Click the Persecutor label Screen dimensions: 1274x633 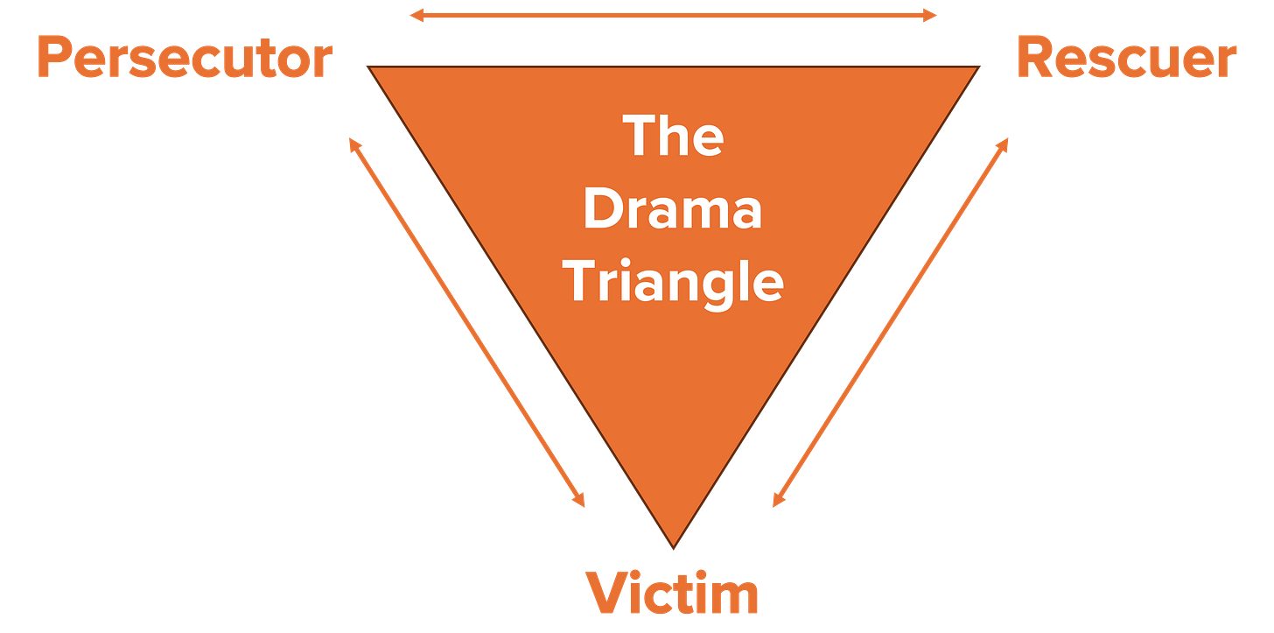pos(184,60)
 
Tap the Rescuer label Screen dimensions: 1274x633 pos(1127,60)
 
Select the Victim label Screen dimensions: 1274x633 pos(673,594)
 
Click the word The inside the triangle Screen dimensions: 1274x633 pos(674,137)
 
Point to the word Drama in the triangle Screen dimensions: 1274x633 pos(673,210)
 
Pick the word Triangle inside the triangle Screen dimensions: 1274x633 pos(673,282)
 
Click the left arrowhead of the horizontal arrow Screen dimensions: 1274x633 pos(413,15)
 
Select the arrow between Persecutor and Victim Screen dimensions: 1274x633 pos(467,321)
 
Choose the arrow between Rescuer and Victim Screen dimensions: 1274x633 pos(891,321)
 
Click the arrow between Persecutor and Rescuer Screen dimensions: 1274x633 pos(673,15)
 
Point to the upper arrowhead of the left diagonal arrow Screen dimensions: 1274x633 pos(352,141)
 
